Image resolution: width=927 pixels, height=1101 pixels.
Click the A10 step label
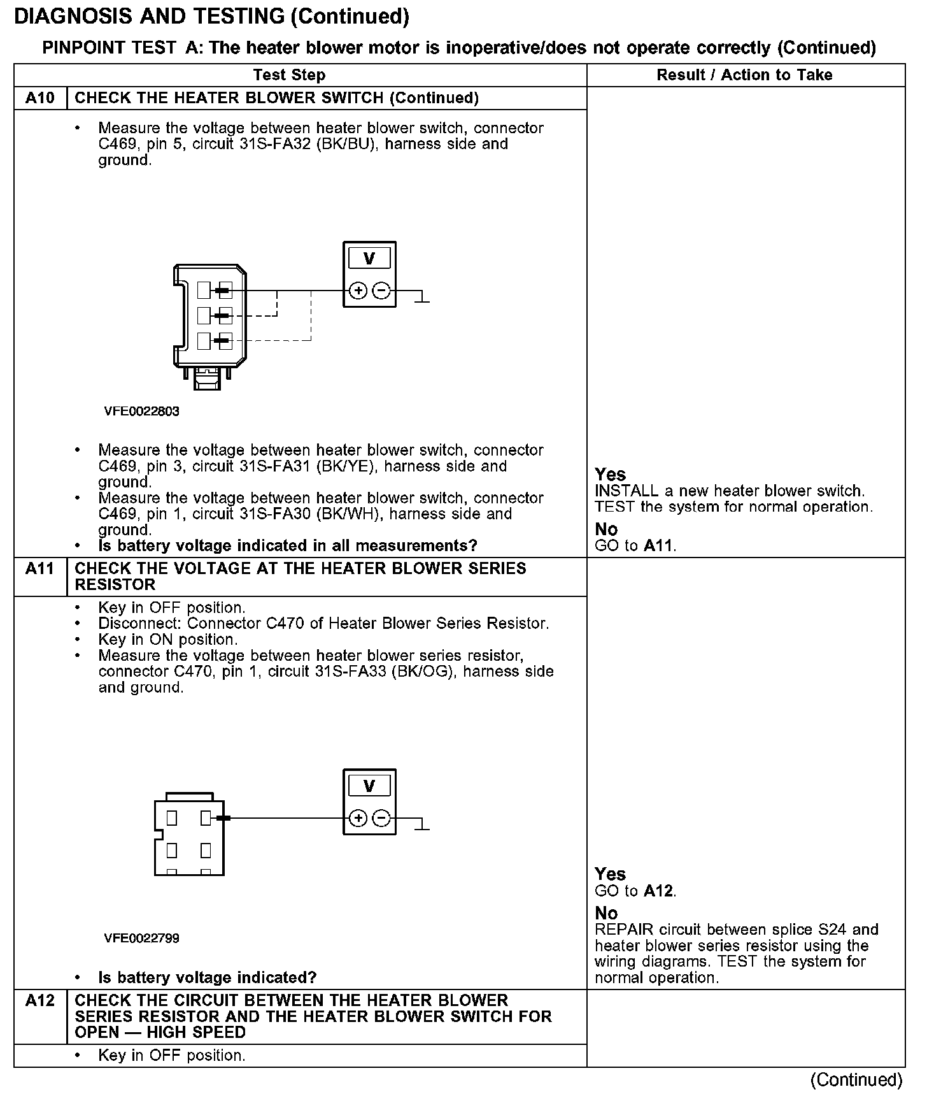(40, 98)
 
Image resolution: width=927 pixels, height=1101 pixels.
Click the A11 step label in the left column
(40, 568)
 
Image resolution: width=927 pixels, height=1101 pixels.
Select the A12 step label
(40, 1000)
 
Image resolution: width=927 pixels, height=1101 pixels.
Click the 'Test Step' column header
(289, 75)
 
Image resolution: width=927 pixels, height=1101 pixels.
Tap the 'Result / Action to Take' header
(744, 75)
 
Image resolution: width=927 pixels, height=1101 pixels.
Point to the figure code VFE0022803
(141, 411)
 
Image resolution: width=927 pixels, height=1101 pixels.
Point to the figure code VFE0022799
(141, 938)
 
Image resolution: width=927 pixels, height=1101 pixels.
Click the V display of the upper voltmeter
(369, 259)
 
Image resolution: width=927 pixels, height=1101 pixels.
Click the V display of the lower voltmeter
(369, 786)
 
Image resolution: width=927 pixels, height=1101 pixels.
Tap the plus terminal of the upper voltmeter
(358, 291)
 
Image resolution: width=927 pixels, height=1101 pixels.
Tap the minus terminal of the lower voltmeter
(381, 818)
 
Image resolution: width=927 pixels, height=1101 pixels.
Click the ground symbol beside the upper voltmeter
(421, 297)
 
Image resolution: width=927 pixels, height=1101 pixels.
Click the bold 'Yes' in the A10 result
(610, 475)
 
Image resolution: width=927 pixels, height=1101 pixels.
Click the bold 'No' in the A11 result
(606, 913)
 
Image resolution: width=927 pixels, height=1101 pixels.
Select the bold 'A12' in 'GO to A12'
(658, 891)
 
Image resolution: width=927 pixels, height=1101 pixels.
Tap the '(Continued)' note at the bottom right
(856, 1079)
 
